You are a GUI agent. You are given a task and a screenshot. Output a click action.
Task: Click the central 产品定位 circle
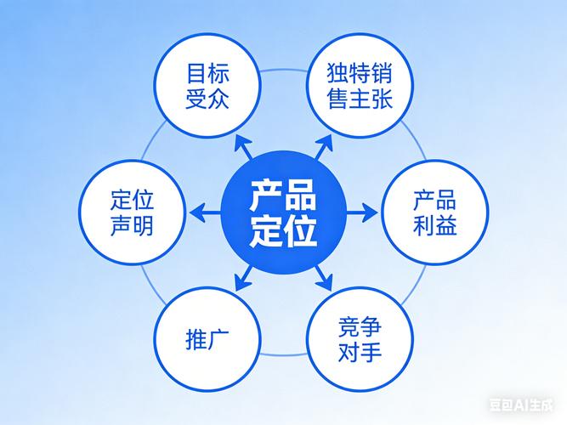click(284, 212)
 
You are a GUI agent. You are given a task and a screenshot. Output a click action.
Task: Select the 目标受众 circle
click(207, 86)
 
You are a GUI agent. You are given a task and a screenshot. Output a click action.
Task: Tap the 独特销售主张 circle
click(360, 86)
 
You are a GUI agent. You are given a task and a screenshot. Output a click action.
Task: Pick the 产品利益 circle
click(435, 212)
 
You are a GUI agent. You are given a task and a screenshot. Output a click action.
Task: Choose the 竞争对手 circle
click(360, 339)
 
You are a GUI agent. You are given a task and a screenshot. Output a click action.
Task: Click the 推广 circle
click(207, 339)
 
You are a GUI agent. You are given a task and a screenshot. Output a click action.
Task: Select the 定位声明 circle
click(133, 212)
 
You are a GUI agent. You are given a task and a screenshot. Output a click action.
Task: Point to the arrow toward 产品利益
click(362, 212)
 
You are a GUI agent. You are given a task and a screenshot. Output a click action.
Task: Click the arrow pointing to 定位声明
click(205, 212)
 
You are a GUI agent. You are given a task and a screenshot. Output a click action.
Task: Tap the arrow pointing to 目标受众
click(243, 147)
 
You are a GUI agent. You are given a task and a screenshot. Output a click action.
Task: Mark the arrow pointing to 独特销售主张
click(323, 147)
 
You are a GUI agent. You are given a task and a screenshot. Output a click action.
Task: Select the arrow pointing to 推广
click(243, 278)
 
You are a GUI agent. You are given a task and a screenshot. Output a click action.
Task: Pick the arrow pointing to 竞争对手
click(323, 278)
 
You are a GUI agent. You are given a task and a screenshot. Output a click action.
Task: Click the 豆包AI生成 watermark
click(521, 405)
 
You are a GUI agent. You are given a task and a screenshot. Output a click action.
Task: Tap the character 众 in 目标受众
click(218, 98)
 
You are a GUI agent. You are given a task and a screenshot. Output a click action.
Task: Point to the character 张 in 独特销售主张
click(382, 98)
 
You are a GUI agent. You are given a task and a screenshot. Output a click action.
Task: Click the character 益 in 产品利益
click(445, 224)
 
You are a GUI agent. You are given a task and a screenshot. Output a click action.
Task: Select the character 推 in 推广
click(196, 339)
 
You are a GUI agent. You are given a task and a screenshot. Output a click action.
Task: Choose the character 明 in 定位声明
click(143, 224)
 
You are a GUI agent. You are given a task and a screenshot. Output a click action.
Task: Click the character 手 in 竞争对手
click(371, 351)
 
